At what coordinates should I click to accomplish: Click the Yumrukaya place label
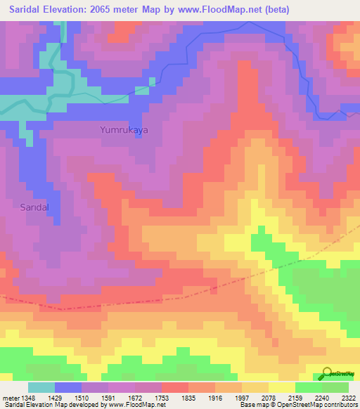click(x=124, y=130)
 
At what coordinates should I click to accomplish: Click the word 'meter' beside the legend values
click(x=12, y=398)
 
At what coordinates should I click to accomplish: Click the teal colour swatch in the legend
click(x=41, y=387)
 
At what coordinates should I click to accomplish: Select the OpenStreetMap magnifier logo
click(x=328, y=373)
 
